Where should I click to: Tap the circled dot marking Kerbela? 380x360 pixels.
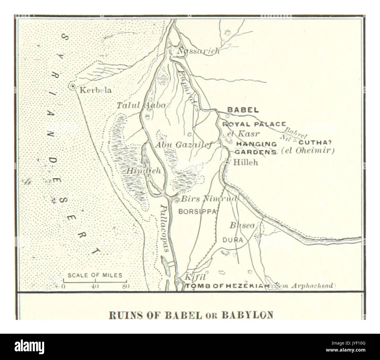click(72, 86)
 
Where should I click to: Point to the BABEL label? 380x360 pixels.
click(243, 110)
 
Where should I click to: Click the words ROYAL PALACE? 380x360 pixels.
click(254, 124)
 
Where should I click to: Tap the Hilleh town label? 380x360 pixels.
click(246, 162)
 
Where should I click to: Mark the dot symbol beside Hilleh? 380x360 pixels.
click(227, 162)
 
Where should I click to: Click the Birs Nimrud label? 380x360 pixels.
click(208, 199)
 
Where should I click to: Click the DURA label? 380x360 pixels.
click(233, 240)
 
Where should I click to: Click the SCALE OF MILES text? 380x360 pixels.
click(95, 275)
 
